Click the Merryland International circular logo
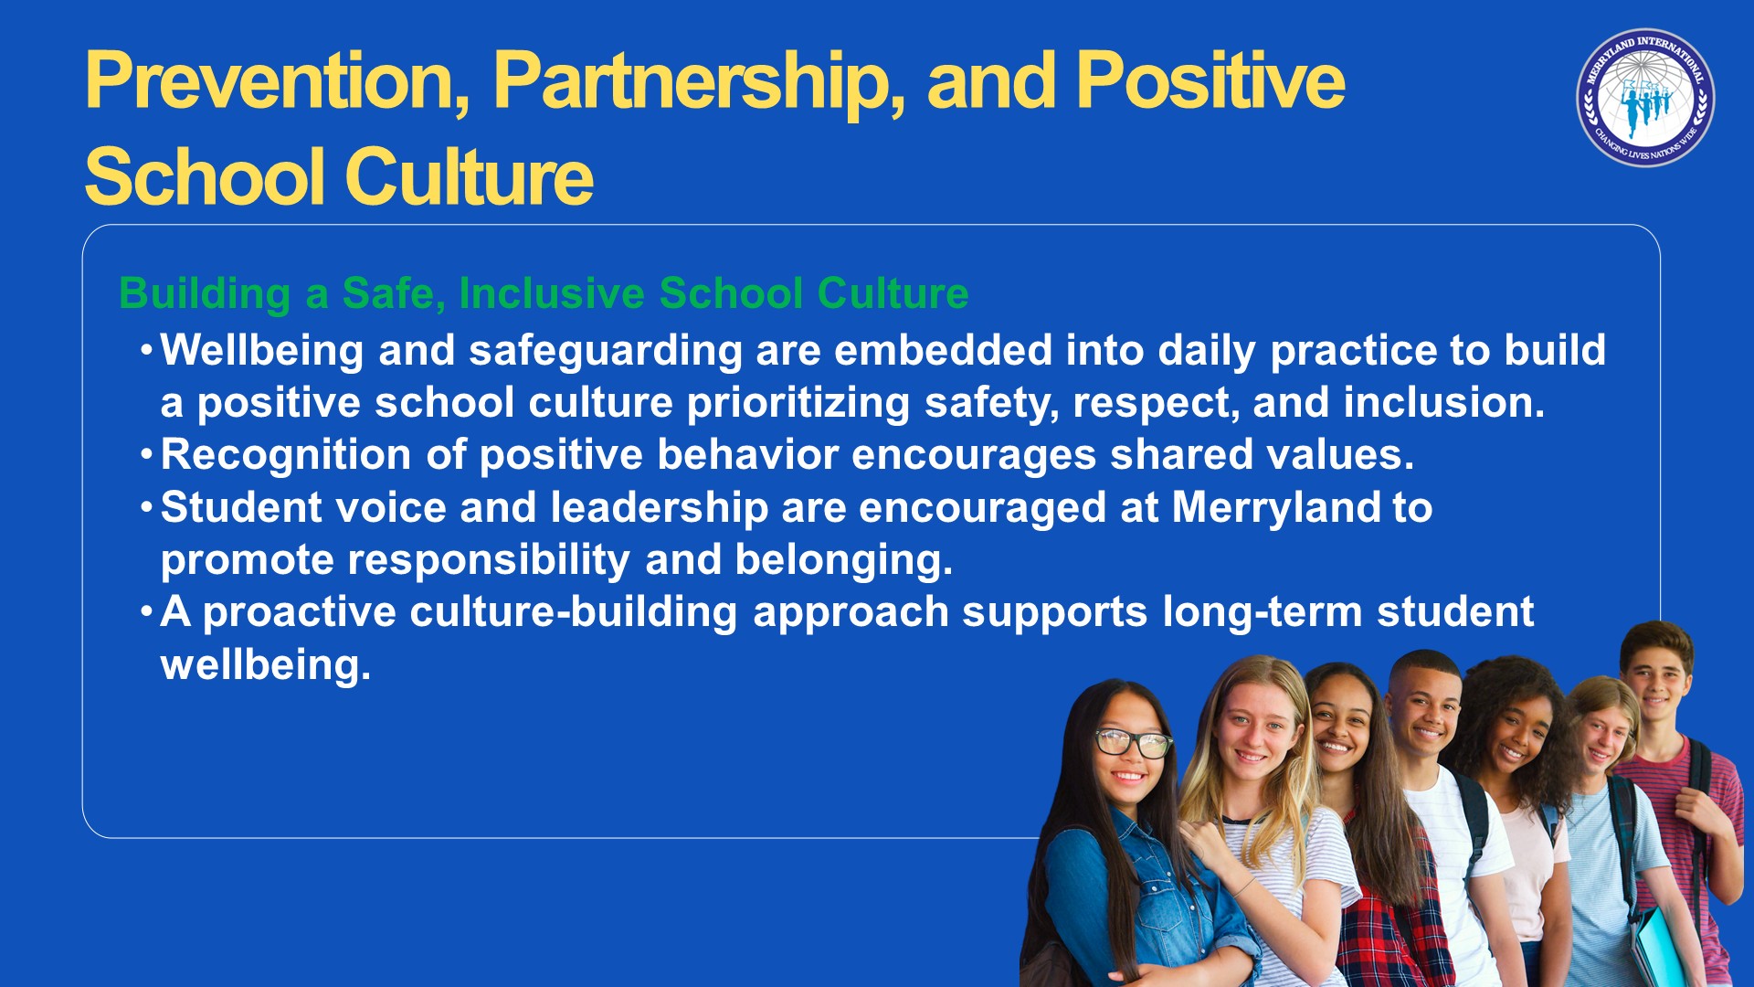(x=1645, y=98)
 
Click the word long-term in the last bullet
(x=1263, y=613)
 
